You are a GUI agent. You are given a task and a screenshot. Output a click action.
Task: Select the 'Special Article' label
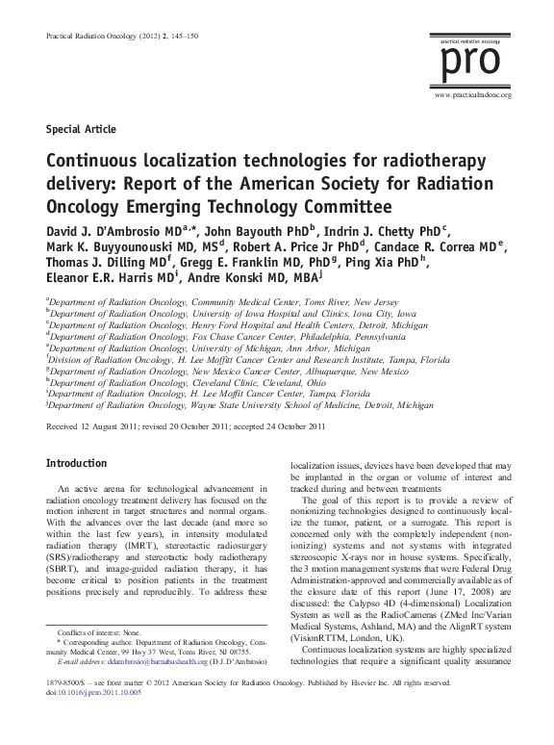pos(80,128)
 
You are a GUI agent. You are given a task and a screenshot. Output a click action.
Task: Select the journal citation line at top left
pos(101,37)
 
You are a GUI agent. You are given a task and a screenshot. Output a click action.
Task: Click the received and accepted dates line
pos(183,424)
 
